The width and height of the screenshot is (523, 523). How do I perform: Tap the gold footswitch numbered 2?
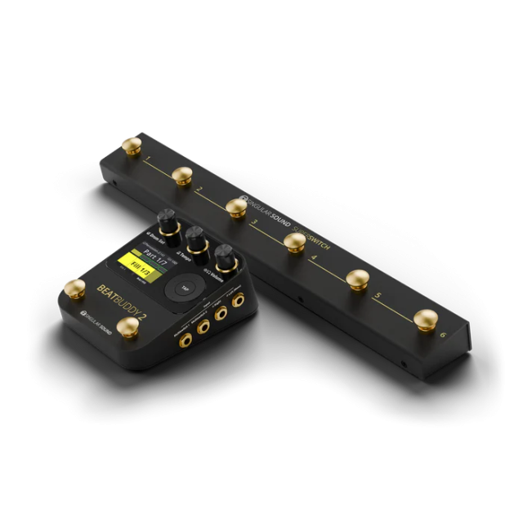[x=182, y=175]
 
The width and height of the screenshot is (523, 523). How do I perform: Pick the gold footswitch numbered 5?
[x=356, y=278]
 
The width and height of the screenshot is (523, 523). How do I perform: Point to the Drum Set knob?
[x=167, y=221]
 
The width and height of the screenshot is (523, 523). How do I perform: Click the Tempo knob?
[x=196, y=239]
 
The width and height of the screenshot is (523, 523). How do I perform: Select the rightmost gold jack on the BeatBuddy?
[x=239, y=302]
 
